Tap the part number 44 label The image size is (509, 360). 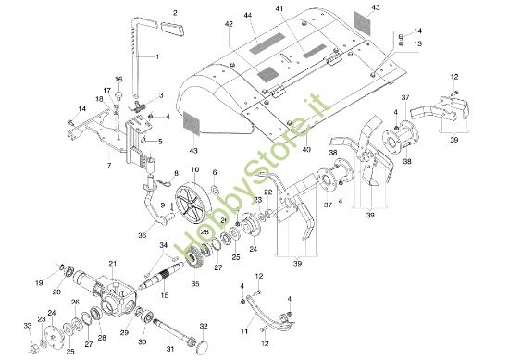pos(247,16)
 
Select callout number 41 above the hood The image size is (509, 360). pos(305,8)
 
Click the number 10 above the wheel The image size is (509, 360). pos(194,169)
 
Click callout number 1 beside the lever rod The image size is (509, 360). pos(156,58)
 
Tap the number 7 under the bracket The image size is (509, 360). pos(108,165)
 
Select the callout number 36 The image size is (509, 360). pos(141,235)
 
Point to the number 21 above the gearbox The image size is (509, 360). pos(111,263)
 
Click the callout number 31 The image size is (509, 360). pos(169,349)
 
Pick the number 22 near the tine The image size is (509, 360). pos(268,192)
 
